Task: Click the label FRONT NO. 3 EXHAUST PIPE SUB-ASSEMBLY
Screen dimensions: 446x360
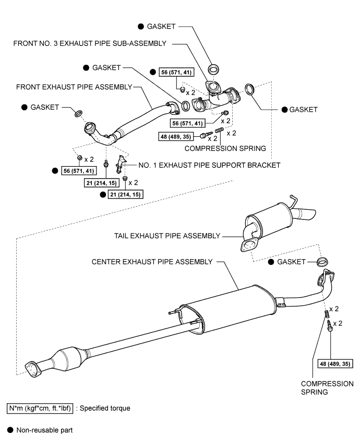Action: coord(90,44)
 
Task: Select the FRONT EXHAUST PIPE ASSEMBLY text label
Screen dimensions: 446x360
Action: coord(74,87)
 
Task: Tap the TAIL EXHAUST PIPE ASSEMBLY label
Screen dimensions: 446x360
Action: coord(167,236)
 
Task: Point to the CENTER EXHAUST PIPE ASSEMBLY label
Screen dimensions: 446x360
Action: coord(152,261)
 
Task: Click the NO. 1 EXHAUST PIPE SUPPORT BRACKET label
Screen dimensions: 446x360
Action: coord(210,165)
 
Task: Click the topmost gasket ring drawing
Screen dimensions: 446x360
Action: coord(213,69)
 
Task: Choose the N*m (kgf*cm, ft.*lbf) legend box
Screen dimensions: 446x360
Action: coord(40,407)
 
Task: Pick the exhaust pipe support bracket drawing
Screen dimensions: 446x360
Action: coord(121,163)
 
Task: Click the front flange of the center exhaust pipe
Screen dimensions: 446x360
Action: coord(33,368)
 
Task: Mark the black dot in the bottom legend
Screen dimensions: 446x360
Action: coord(9,431)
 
